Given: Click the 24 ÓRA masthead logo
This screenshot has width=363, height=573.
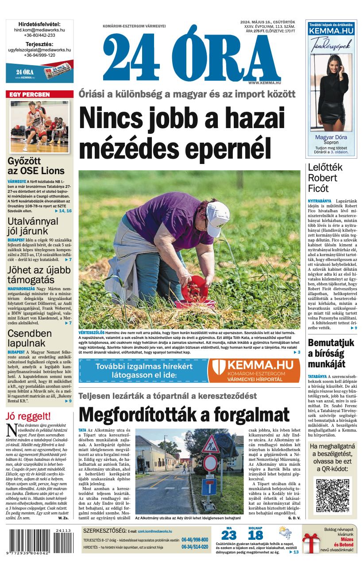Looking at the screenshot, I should pyautogui.click(x=192, y=57).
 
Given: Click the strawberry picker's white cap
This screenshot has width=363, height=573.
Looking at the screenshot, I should pyautogui.click(x=217, y=216).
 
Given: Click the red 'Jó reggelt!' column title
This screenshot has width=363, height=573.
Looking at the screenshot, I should pyautogui.click(x=28, y=417).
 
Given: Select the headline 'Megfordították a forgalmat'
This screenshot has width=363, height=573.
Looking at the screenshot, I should pyautogui.click(x=184, y=415).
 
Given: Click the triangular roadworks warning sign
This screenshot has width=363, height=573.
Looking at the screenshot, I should pyautogui.click(x=210, y=444).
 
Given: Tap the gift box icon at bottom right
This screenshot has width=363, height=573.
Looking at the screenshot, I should pyautogui.click(x=311, y=542).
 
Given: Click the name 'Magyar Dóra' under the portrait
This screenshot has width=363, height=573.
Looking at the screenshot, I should pyautogui.click(x=331, y=137).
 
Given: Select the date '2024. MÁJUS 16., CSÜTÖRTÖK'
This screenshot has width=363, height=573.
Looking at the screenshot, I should pyautogui.click(x=267, y=22).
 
